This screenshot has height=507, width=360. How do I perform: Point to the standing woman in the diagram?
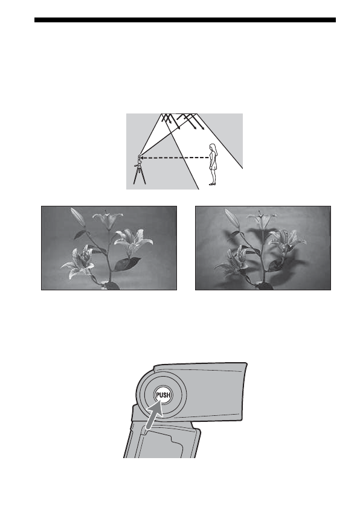point(213,164)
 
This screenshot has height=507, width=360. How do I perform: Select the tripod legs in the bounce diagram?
point(138,176)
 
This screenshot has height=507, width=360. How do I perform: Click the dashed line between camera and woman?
point(175,158)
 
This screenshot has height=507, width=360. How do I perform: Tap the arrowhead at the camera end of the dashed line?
point(143,158)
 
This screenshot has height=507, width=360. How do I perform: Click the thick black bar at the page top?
point(184,20)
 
